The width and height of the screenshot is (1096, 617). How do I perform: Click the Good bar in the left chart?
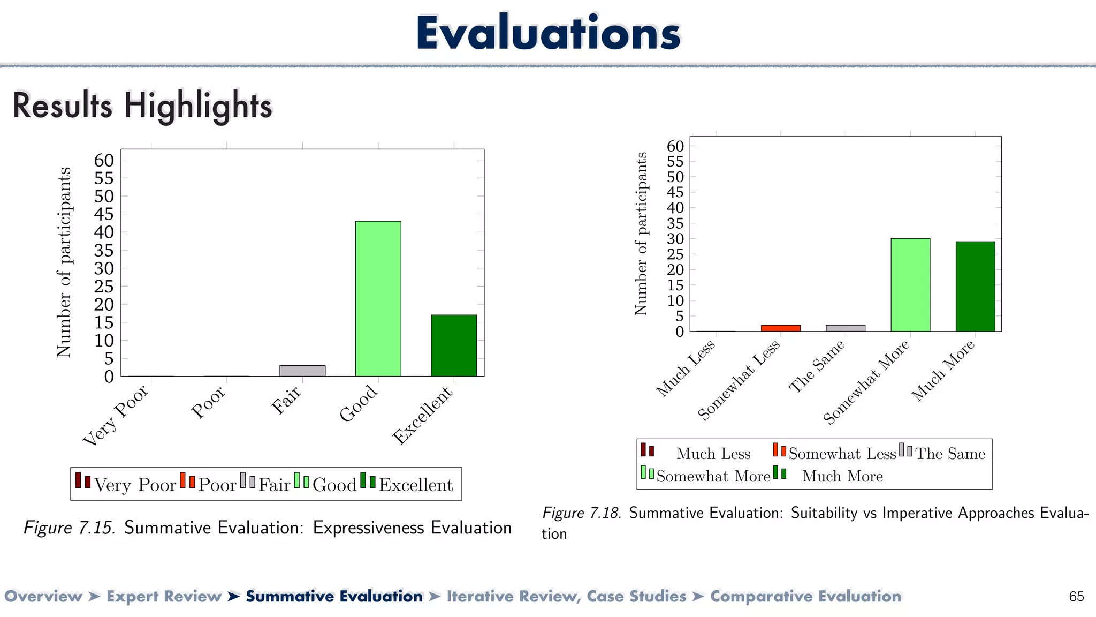pyautogui.click(x=378, y=298)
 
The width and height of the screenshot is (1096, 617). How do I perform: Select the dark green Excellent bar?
pyautogui.click(x=454, y=345)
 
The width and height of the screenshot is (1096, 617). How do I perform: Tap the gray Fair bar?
pyautogui.click(x=302, y=371)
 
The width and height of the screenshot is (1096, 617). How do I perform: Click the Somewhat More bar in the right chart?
pyautogui.click(x=910, y=285)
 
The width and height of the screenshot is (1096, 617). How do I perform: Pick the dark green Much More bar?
pyautogui.click(x=975, y=287)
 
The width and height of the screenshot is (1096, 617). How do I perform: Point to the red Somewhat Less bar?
pyautogui.click(x=780, y=328)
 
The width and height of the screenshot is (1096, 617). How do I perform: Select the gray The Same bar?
pyautogui.click(x=845, y=328)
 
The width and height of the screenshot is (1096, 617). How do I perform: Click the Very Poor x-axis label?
pyautogui.click(x=116, y=416)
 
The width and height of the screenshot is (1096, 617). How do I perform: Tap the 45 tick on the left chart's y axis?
pyautogui.click(x=104, y=214)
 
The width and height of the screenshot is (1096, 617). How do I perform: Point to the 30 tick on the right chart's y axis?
pyautogui.click(x=675, y=239)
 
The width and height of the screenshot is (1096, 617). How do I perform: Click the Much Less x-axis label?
pyautogui.click(x=686, y=368)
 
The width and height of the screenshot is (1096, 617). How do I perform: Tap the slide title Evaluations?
pyautogui.click(x=548, y=33)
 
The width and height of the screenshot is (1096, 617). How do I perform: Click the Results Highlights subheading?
pyautogui.click(x=142, y=106)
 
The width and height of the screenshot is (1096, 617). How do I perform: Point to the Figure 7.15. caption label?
pyautogui.click(x=70, y=528)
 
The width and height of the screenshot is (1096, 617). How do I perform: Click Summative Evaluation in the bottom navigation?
pyautogui.click(x=334, y=596)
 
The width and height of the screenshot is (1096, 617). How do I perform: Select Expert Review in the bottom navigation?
pyautogui.click(x=164, y=596)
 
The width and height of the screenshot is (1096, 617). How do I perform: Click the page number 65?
pyautogui.click(x=1076, y=596)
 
